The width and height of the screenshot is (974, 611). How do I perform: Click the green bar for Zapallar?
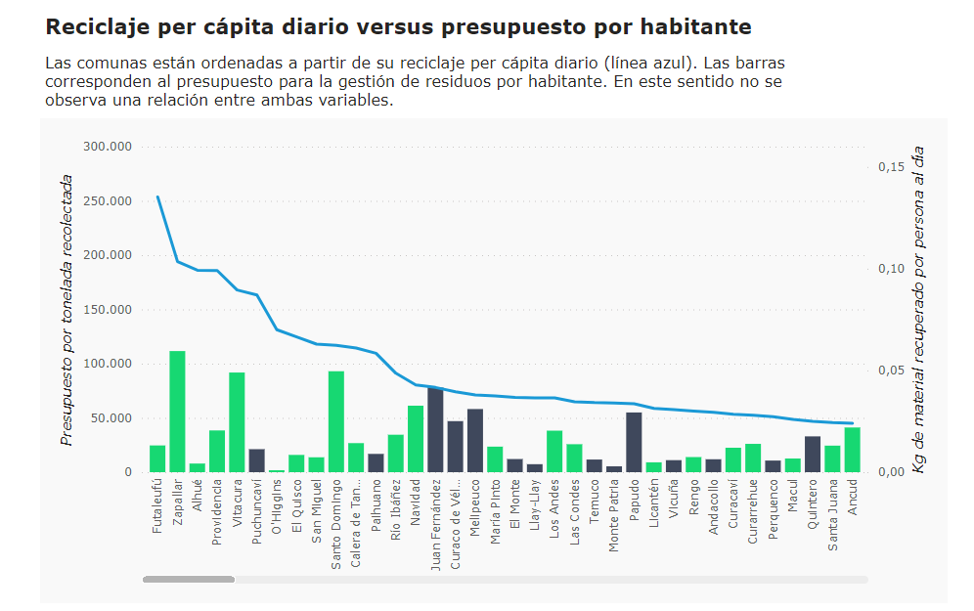(177, 412)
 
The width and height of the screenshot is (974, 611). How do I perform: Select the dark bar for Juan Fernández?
(435, 430)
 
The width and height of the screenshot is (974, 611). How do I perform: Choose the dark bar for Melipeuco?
(475, 440)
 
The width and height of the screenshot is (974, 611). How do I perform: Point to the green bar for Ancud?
(852, 450)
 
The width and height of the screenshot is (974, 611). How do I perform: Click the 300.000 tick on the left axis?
(107, 147)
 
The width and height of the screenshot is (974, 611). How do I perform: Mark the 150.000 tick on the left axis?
(107, 310)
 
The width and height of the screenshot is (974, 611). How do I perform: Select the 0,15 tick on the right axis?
(890, 168)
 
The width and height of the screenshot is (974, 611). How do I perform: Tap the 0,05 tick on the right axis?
(890, 371)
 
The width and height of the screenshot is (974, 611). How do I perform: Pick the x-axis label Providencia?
(218, 509)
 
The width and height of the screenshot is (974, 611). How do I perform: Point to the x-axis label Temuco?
(595, 502)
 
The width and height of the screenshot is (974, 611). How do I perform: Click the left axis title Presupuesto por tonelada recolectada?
(67, 310)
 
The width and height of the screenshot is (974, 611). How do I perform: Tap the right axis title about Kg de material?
(918, 310)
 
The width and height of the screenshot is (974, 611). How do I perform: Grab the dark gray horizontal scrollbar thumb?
(189, 580)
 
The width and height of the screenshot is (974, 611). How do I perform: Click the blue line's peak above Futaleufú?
(157, 196)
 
